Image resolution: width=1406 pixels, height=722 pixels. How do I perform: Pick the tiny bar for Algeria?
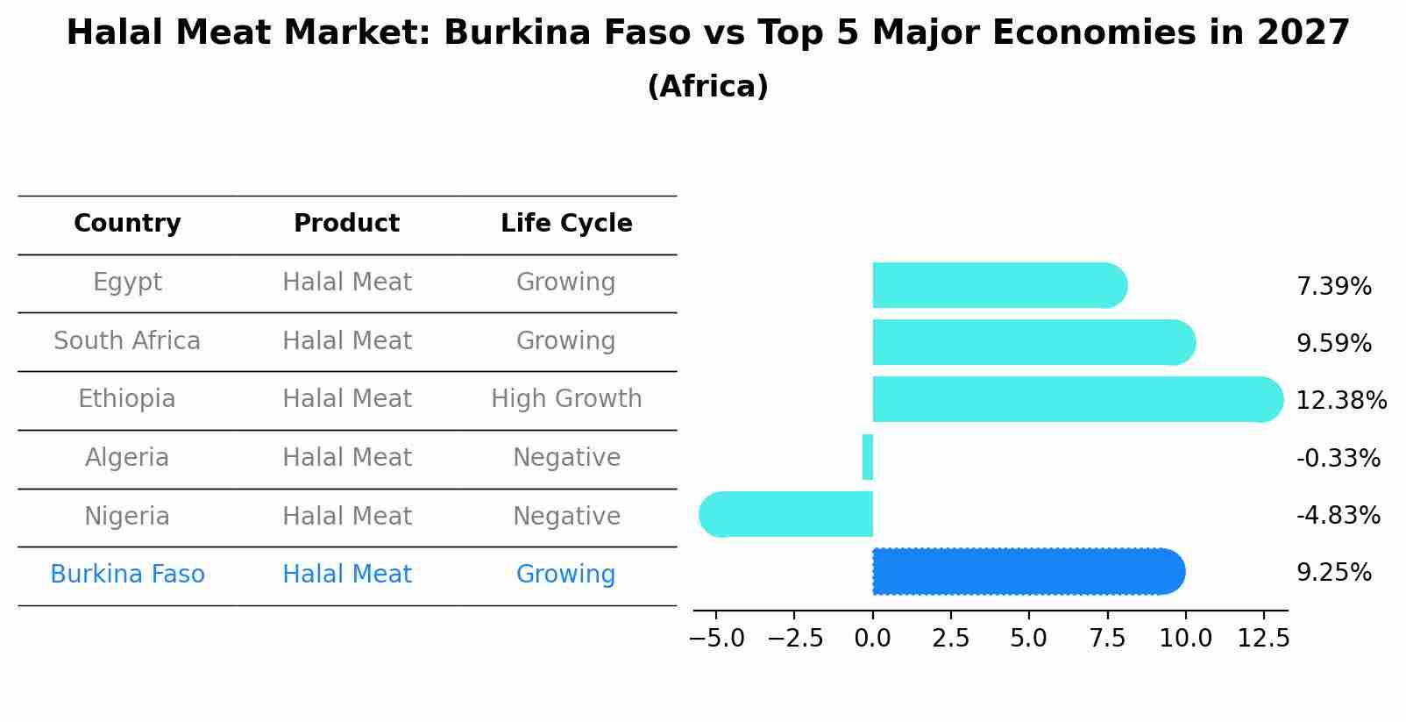[x=868, y=457]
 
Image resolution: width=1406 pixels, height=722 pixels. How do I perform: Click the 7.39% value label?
[x=1333, y=287]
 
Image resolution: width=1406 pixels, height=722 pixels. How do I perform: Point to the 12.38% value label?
[x=1340, y=401]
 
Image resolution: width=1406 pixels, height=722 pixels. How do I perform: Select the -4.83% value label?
[x=1338, y=515]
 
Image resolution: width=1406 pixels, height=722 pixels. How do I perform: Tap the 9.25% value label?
[x=1333, y=573]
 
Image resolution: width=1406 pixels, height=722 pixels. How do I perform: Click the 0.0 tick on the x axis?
[x=873, y=639]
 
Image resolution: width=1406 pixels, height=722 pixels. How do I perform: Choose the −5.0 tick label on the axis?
[x=717, y=639]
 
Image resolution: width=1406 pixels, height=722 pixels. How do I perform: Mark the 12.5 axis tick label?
[x=1263, y=639]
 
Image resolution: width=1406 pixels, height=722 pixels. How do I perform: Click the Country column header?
[x=127, y=224]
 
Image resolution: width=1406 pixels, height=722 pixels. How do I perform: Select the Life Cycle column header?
[x=566, y=224]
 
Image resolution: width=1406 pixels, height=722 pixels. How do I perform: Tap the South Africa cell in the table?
[x=127, y=340]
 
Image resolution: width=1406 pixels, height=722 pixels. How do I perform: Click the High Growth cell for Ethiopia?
[x=566, y=399]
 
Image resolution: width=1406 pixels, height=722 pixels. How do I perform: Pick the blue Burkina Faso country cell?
[x=127, y=575]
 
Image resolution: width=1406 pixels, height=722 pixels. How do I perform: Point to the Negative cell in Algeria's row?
[x=566, y=458]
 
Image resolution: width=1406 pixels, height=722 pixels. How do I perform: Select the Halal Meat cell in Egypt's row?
[x=346, y=282]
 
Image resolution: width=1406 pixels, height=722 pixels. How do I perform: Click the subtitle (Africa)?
[x=707, y=87]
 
